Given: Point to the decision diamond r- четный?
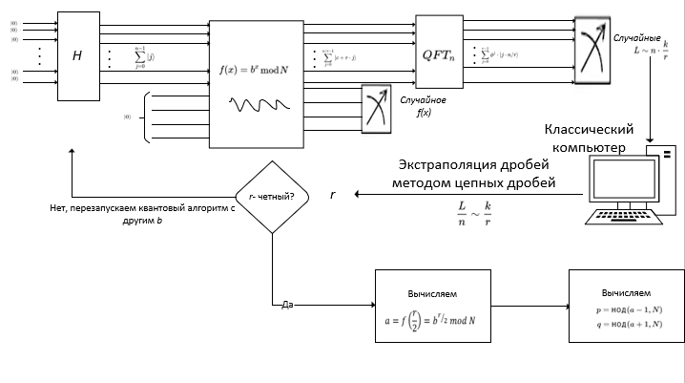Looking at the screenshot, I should coord(272,197).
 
